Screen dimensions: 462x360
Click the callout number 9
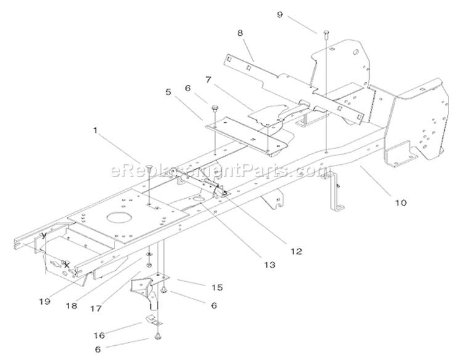[x=280, y=14]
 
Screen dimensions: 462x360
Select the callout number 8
[x=240, y=33]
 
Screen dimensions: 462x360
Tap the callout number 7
[x=209, y=79]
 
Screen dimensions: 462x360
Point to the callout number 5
[x=168, y=92]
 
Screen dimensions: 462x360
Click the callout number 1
[x=95, y=130]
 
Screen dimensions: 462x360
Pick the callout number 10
[x=401, y=202]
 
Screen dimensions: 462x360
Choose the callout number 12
[x=296, y=251]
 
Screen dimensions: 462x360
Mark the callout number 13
[x=269, y=265]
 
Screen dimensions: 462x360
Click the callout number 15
[x=217, y=287]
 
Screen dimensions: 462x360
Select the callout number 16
[x=99, y=335]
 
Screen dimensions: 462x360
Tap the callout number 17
[x=95, y=308]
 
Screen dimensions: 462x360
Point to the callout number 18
[x=71, y=306]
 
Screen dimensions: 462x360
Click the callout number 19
[x=45, y=302]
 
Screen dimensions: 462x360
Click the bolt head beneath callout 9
[x=326, y=32]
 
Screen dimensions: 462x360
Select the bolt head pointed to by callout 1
[x=150, y=167]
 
